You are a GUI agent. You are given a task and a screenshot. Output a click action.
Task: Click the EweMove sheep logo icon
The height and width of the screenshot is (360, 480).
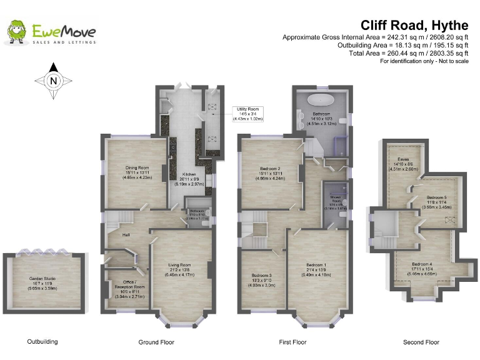point(17,32)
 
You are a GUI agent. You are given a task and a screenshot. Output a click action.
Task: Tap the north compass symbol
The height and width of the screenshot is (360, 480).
point(53,80)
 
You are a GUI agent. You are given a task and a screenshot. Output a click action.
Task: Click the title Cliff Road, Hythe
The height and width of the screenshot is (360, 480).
point(414,25)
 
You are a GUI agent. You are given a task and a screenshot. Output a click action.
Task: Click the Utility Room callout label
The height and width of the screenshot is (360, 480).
point(247,112)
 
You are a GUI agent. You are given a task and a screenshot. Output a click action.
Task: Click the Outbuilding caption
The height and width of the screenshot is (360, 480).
point(42,342)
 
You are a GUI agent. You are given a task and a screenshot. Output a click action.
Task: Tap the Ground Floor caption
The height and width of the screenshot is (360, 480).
point(156,342)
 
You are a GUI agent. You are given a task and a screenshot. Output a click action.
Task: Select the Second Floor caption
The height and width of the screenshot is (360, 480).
point(421,342)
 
